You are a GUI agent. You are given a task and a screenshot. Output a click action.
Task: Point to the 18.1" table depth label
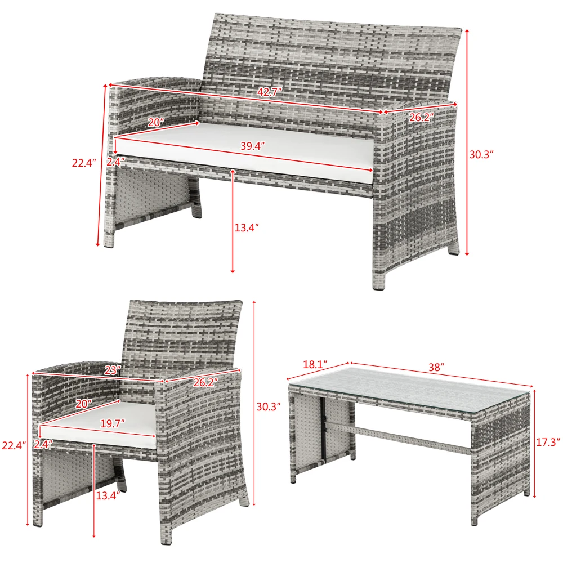coord(316,364)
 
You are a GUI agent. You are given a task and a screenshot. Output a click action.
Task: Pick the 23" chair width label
coord(113,370)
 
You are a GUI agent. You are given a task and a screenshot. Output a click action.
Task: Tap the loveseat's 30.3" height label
coord(481,153)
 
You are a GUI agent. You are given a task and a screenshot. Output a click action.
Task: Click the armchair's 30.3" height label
coord(269,406)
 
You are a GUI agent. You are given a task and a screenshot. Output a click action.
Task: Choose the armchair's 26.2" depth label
coord(205,382)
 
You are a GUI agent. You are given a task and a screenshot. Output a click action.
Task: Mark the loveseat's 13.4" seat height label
coord(246,227)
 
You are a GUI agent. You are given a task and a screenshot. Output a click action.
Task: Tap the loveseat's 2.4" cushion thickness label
coord(115,161)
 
